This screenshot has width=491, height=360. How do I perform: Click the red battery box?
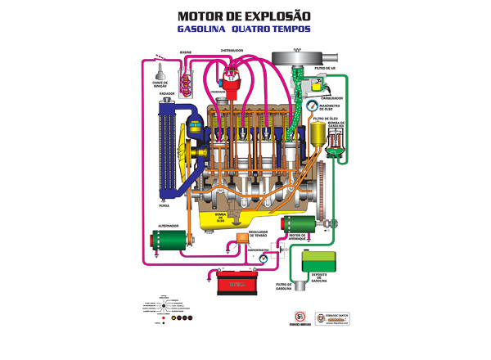236,284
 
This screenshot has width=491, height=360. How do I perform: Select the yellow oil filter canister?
318,134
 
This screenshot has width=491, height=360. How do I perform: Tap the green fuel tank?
315,268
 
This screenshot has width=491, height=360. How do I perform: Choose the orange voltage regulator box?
241,239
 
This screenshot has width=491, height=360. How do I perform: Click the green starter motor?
295,223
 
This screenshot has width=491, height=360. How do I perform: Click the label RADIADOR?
168,94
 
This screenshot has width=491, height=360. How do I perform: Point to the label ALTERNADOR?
169,225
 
